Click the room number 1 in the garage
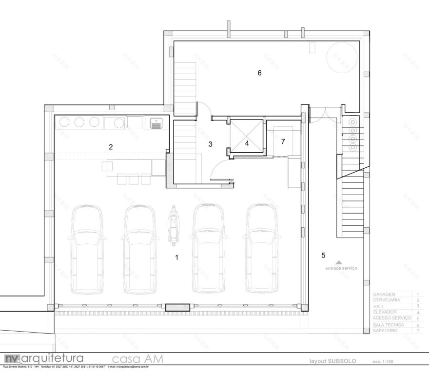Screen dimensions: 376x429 click(176, 257)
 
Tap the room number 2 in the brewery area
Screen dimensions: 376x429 click(111, 147)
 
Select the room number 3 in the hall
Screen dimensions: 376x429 click(210, 144)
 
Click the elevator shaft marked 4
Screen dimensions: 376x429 click(247, 143)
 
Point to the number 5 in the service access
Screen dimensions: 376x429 click(323, 255)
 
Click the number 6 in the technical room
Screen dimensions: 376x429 click(259, 73)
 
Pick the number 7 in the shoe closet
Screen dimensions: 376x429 click(283, 141)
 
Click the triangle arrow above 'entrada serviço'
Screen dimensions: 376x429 click(339, 262)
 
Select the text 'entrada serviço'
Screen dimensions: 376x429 click(341, 269)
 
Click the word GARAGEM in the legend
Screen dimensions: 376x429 click(384, 295)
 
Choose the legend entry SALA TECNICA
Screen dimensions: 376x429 click(388, 324)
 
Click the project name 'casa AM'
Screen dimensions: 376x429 click(137, 359)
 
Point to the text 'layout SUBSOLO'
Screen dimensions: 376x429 click(332, 361)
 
